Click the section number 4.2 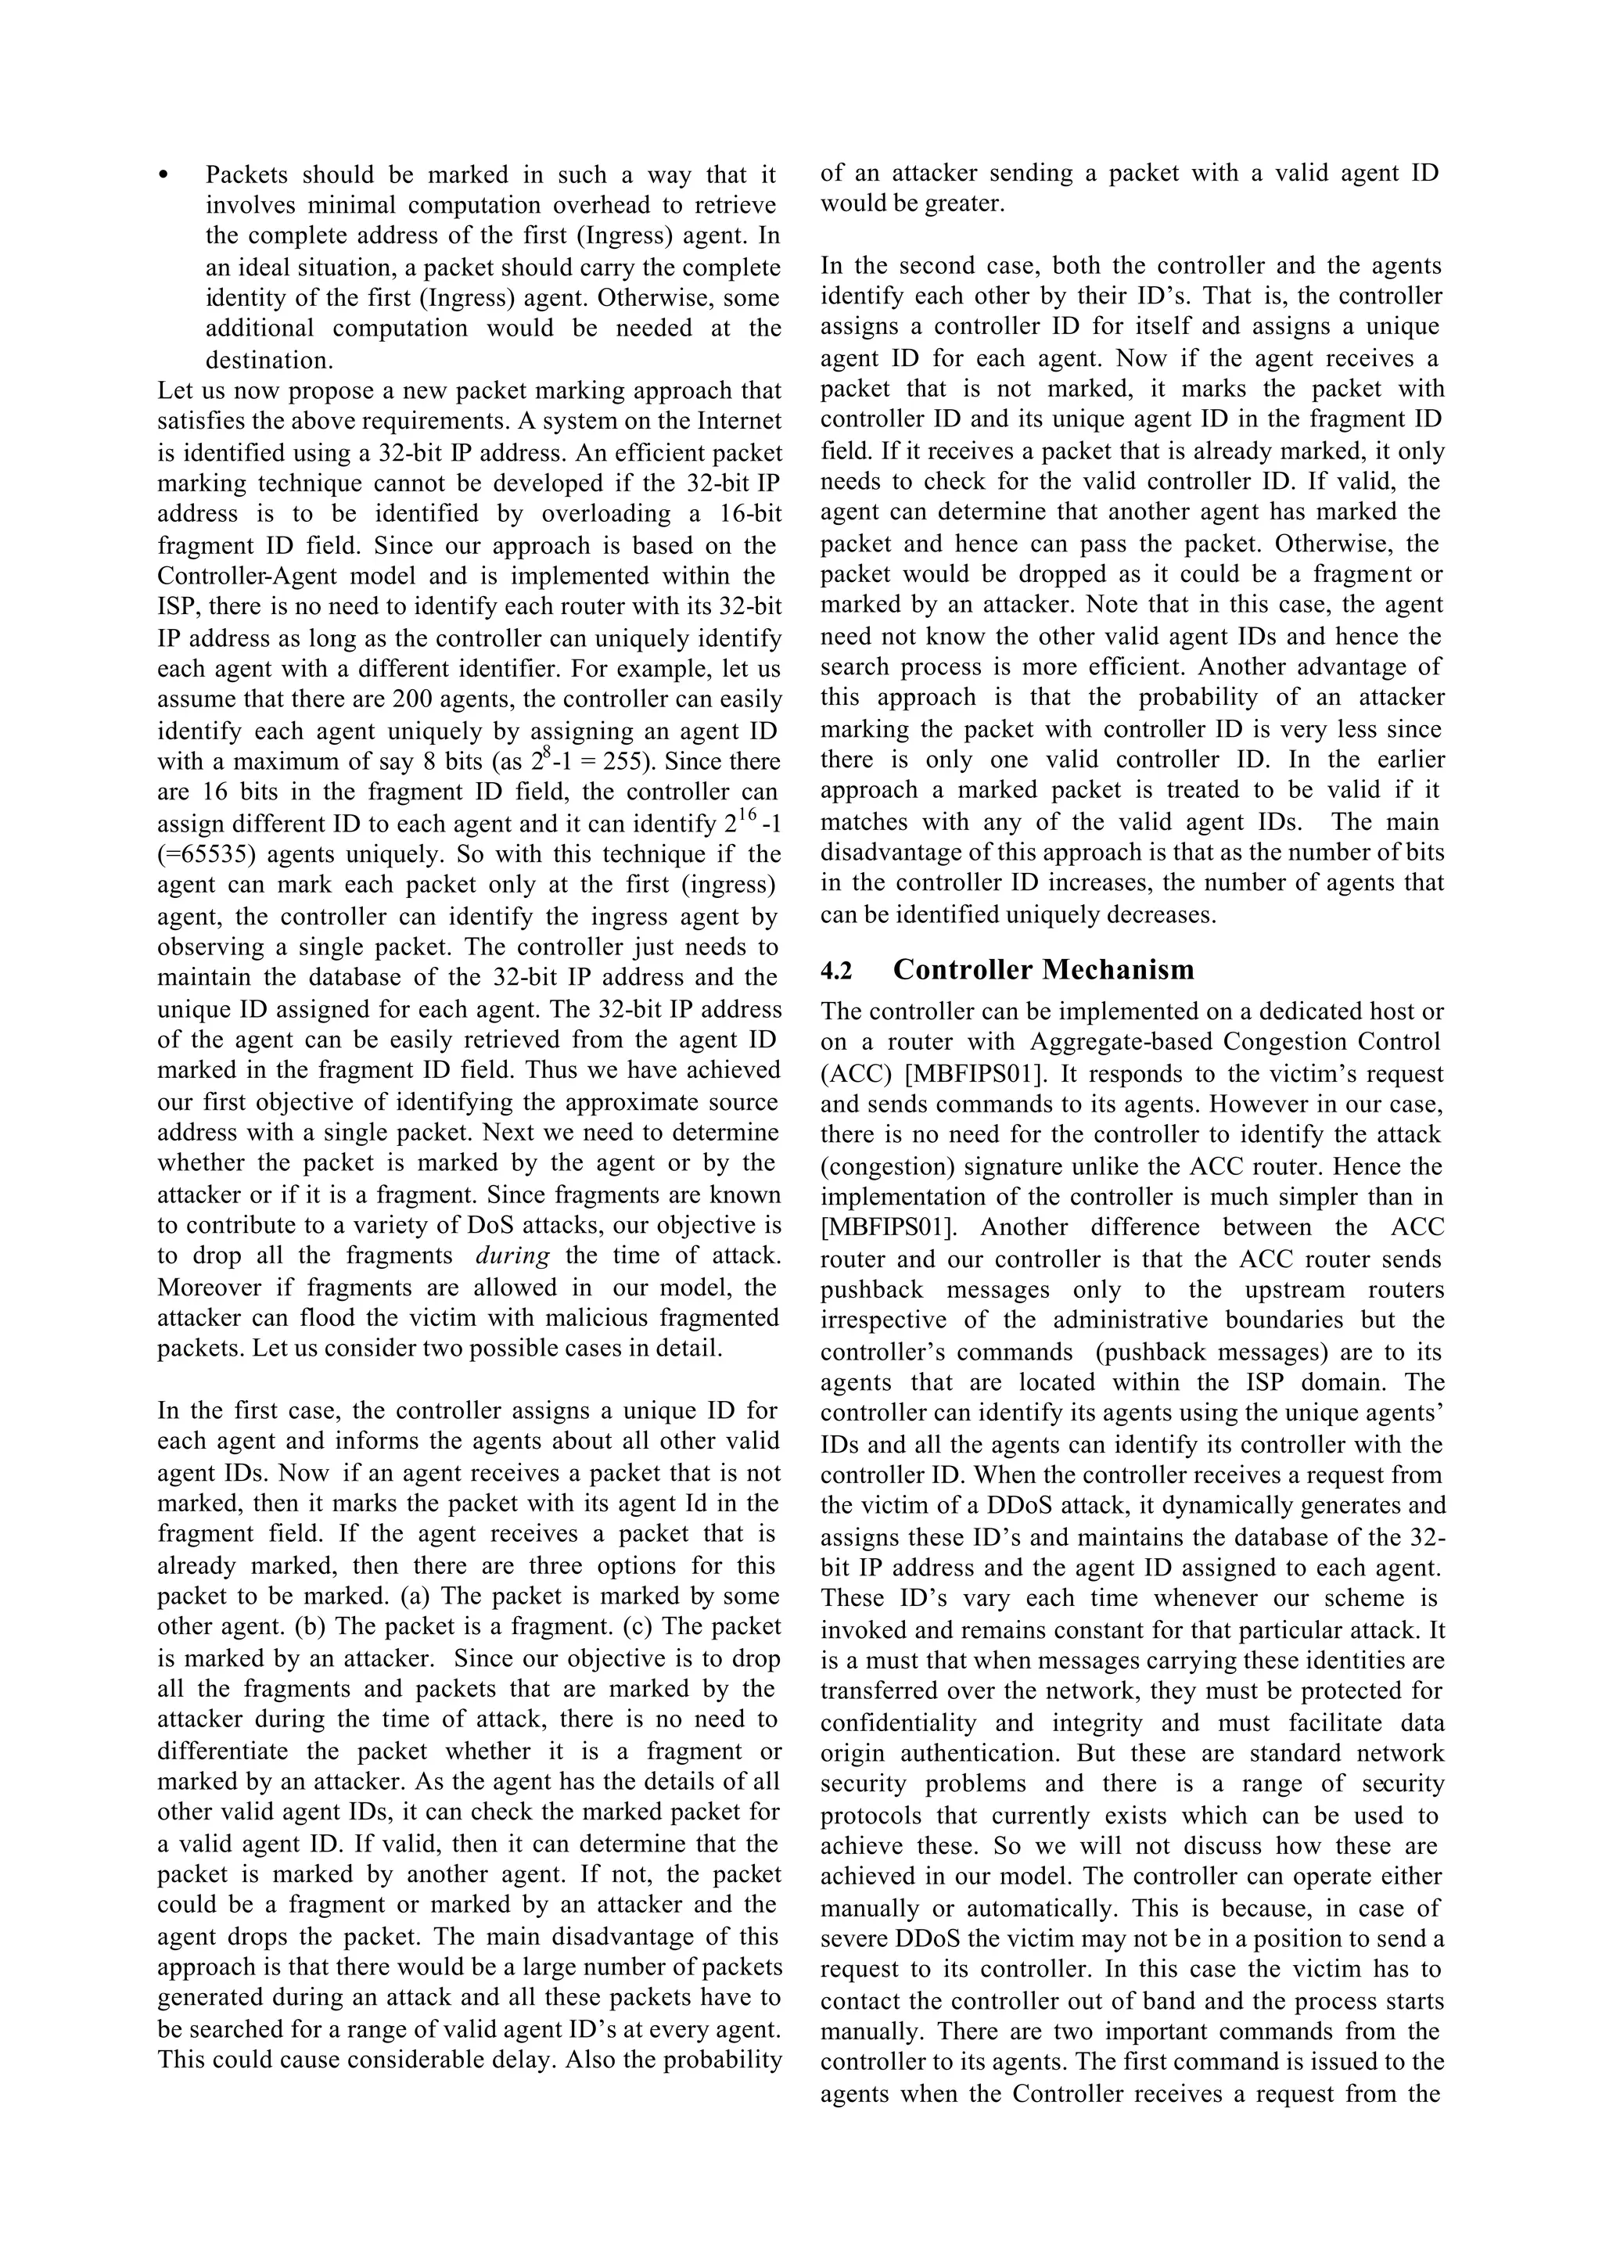tap(836, 972)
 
